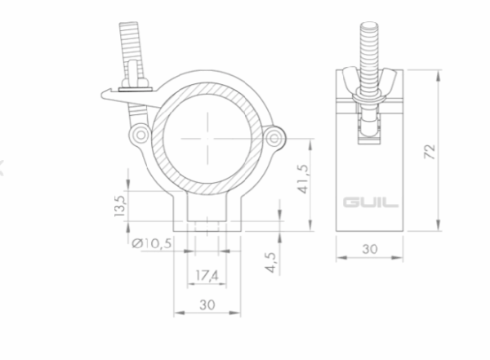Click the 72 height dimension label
coord(430,152)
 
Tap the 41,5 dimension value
coord(304,179)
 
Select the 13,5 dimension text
coord(120,207)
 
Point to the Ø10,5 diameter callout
coord(152,243)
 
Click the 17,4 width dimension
coord(207,275)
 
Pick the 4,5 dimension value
coord(271,263)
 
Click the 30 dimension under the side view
coord(370,249)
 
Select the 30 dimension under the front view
coord(207,304)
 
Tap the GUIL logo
coord(371,202)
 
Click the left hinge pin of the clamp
coord(140,135)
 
